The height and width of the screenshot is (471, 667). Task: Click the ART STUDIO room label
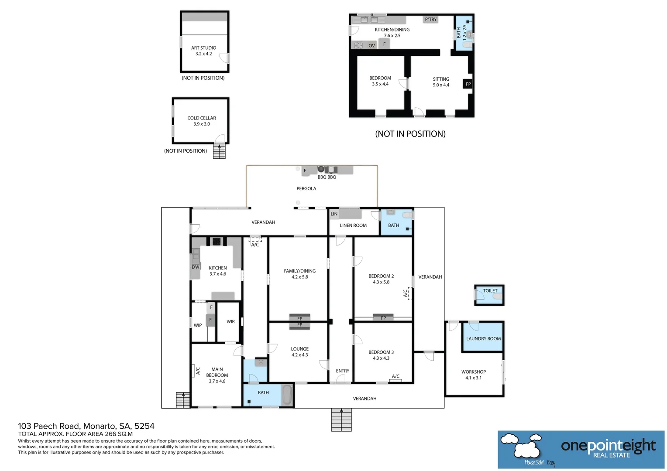click(203, 48)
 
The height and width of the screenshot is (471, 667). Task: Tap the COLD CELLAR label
click(202, 118)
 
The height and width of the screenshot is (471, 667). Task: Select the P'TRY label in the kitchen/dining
click(430, 20)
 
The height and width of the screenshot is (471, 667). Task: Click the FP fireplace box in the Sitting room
click(468, 84)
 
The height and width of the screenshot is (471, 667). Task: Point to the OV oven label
click(371, 46)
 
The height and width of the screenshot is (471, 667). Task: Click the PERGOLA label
click(306, 189)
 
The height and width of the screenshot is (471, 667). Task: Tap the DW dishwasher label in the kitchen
click(196, 267)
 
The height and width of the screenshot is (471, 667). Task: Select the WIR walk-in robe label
click(230, 322)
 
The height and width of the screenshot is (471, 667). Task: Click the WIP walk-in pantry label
click(198, 325)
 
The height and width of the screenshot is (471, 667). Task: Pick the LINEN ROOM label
click(353, 225)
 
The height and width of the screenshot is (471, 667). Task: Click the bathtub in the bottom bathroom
click(286, 395)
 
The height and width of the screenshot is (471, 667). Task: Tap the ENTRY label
click(342, 371)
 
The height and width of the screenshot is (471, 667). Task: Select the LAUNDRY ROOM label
click(483, 339)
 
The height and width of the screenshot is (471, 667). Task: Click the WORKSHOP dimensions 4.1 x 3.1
click(473, 378)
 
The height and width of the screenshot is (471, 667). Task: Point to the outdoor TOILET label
click(490, 291)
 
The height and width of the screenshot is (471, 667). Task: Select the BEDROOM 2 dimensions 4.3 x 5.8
click(381, 282)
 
